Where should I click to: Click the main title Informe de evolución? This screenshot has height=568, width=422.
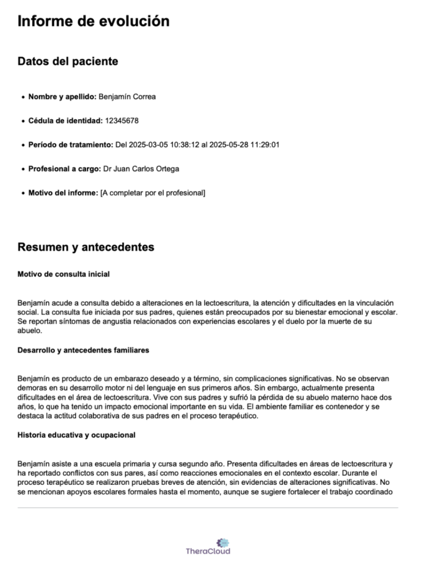tap(93, 22)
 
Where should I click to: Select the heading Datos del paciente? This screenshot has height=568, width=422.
tap(68, 62)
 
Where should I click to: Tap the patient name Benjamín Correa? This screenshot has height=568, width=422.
tap(127, 97)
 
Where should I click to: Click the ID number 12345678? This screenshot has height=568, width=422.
tap(121, 120)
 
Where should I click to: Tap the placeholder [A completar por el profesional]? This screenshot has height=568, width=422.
tap(152, 193)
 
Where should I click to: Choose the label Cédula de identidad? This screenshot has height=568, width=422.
tap(65, 120)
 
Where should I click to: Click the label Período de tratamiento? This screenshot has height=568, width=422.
tap(70, 145)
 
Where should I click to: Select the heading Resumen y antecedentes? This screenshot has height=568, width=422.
tap(86, 247)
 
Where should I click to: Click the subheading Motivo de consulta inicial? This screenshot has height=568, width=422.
tap(64, 273)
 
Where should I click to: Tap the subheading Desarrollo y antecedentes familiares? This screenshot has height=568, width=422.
tap(83, 350)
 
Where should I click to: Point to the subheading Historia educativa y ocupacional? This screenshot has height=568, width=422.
tap(77, 435)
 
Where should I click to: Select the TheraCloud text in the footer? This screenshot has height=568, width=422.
tap(208, 551)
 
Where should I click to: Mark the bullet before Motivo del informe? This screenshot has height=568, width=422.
tap(22, 194)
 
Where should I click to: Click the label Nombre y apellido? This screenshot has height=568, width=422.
tap(62, 97)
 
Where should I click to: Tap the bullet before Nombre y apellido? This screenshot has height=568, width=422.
tap(22, 97)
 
